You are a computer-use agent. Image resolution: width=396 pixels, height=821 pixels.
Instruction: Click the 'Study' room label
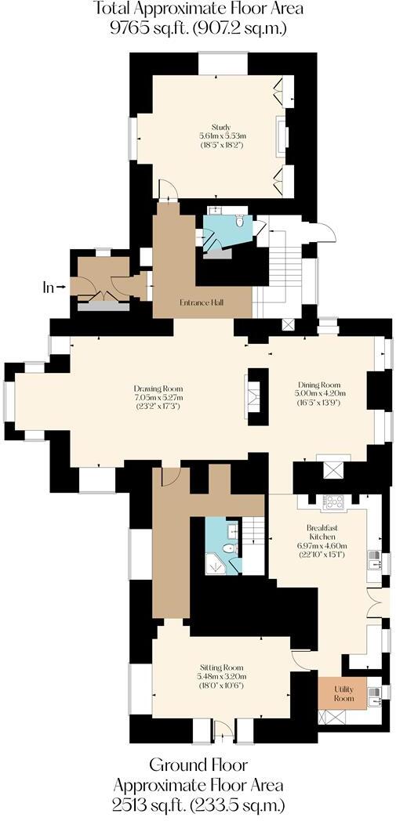point(220,127)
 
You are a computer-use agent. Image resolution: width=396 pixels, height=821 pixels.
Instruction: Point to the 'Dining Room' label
point(318,384)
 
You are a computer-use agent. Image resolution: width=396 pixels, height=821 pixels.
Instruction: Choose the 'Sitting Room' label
point(222,667)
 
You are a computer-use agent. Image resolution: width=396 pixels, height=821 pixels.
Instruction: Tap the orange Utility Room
point(344,693)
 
